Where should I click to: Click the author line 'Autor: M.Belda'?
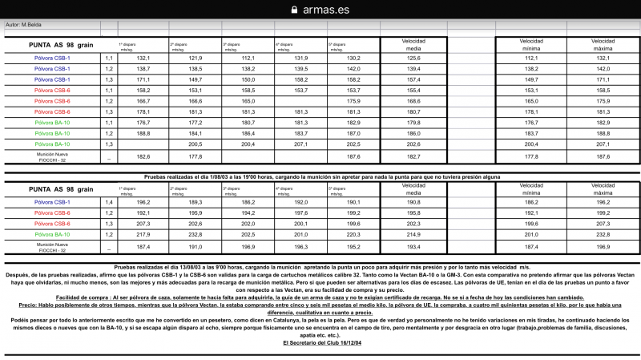click(23, 25)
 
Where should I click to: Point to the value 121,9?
click(196, 58)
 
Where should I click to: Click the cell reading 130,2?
click(353, 58)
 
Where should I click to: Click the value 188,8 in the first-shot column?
click(143, 133)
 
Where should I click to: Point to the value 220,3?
click(353, 234)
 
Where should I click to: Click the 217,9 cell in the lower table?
click(143, 234)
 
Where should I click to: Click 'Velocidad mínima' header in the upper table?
click(531, 43)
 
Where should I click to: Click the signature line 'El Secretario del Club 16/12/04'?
click(320, 342)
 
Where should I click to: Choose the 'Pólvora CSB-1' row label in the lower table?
click(52, 203)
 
